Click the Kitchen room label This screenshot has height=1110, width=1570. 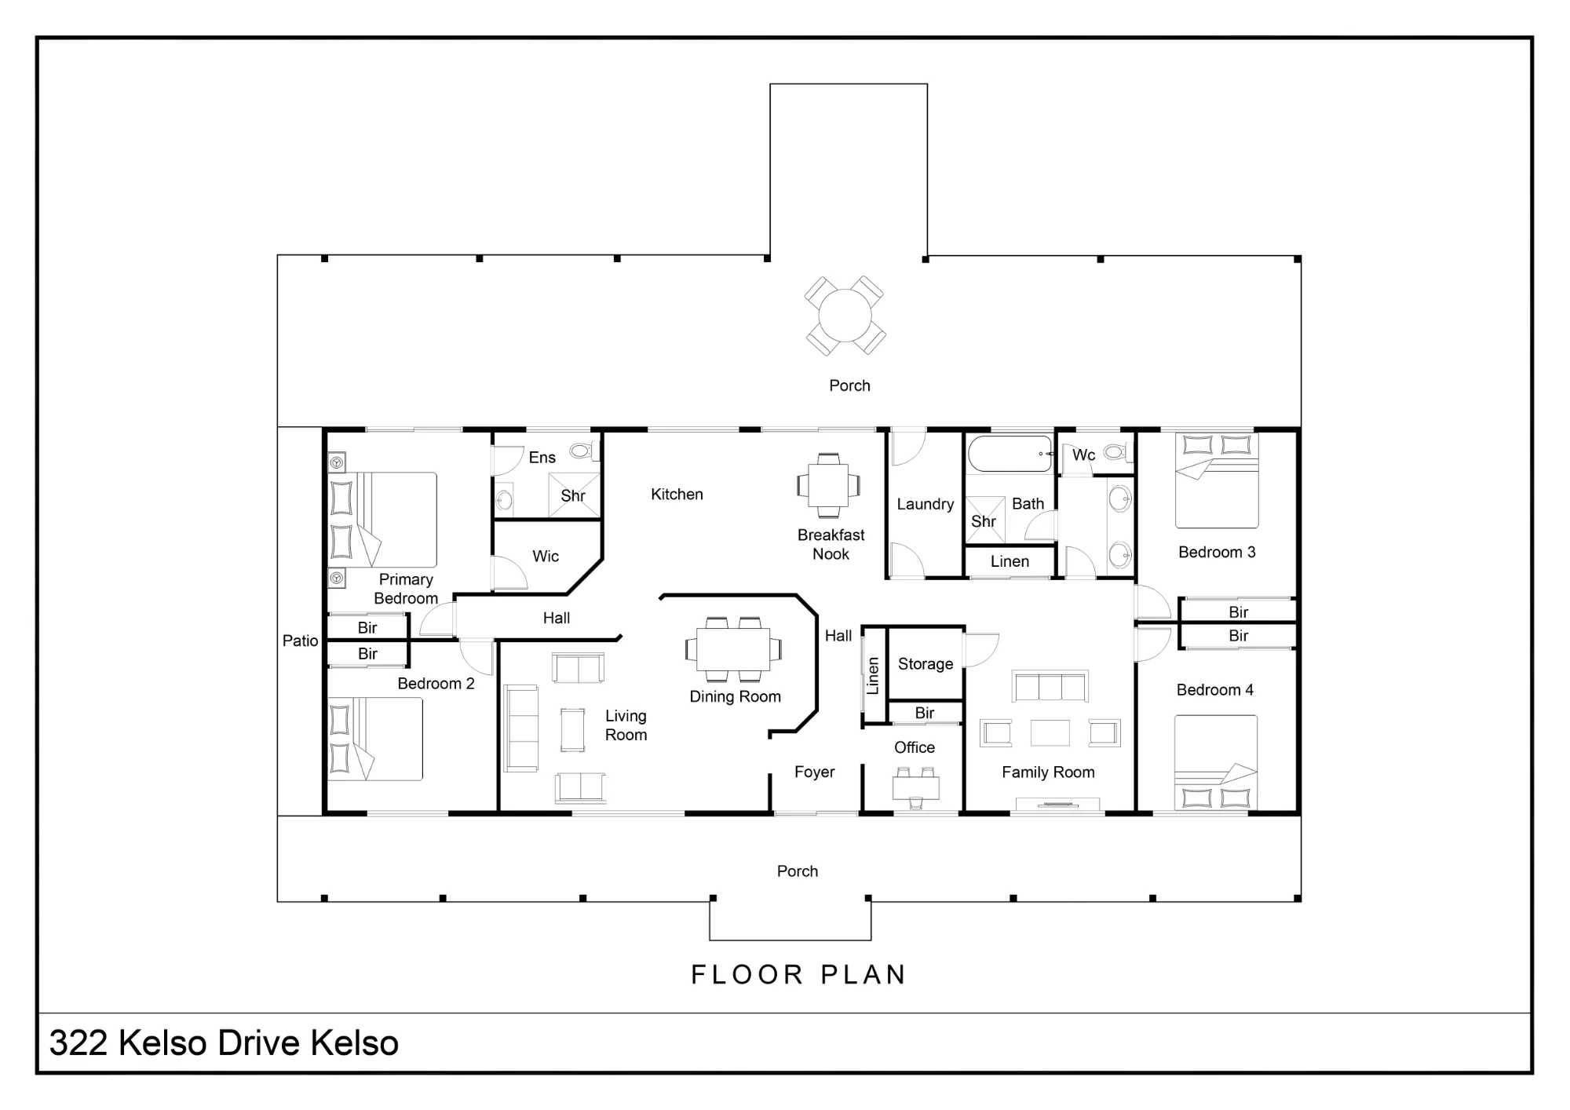click(677, 495)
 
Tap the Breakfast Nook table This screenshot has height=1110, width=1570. click(829, 485)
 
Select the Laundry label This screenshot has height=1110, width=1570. click(926, 504)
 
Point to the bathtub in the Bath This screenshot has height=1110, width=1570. click(1010, 454)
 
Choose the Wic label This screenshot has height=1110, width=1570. click(546, 557)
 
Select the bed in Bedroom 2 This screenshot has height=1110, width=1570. click(375, 739)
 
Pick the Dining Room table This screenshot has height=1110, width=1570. click(733, 650)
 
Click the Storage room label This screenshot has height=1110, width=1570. click(926, 664)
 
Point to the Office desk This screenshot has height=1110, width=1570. click(916, 787)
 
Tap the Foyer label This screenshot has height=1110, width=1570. click(814, 772)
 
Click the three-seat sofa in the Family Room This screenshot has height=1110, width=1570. click(1050, 686)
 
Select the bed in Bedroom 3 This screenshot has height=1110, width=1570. click(1217, 480)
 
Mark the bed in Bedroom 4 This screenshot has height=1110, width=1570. click(1215, 762)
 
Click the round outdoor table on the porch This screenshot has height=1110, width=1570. click(845, 316)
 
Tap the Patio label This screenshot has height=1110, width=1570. click(300, 641)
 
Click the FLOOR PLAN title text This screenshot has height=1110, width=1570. click(798, 975)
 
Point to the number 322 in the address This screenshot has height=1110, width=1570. click(78, 1043)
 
